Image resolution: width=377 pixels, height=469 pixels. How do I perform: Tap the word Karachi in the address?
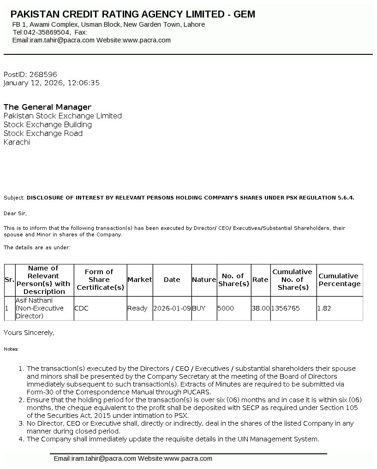(x=17, y=142)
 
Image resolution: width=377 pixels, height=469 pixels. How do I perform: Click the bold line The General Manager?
(x=48, y=107)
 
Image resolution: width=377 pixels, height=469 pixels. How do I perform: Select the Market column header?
(x=139, y=280)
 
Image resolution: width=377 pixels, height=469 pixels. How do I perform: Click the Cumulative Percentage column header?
(x=339, y=280)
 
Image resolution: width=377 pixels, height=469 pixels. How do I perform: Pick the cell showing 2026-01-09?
(x=172, y=308)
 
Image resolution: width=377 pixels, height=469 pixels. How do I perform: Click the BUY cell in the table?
(x=198, y=308)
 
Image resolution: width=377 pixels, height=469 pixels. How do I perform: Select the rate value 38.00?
(x=261, y=308)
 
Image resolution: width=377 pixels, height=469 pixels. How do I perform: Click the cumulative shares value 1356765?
(x=286, y=308)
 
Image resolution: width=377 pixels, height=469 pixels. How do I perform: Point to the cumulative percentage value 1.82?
(x=324, y=308)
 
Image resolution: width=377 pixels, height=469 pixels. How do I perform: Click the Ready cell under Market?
(x=138, y=308)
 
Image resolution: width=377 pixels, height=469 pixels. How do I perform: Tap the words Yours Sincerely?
(x=29, y=332)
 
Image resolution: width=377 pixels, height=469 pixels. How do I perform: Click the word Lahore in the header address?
(x=194, y=24)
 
